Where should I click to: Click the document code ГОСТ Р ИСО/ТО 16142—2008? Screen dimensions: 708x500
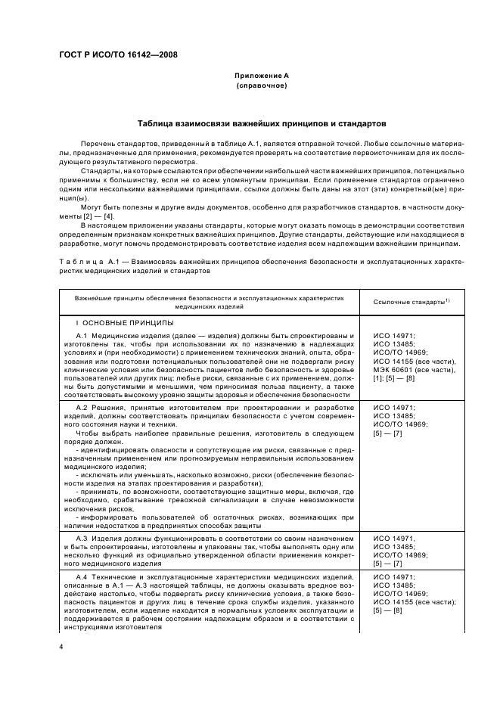pos(118,54)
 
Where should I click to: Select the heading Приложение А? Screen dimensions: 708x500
pos(261,76)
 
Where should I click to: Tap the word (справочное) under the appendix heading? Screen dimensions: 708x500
pos(261,87)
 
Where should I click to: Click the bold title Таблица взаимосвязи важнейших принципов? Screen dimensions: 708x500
pos(261,122)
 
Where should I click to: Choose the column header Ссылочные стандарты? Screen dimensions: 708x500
pos(411,301)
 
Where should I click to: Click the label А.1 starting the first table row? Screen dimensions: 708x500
pos(83,335)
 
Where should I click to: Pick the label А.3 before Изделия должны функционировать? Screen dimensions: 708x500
pos(83,536)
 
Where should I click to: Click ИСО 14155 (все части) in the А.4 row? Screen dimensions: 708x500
pos(414,603)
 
